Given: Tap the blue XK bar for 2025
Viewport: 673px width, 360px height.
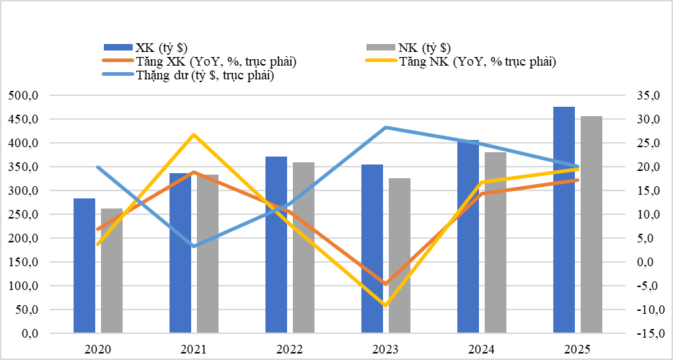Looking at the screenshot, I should pos(564,219).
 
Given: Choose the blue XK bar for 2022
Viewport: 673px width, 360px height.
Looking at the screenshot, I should pos(276,245).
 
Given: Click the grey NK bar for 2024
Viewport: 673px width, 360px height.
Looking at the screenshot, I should pos(495,242).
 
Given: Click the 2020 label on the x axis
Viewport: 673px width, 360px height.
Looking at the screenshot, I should pos(97,350).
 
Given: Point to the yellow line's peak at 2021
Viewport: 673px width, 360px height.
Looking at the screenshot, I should pos(193,134).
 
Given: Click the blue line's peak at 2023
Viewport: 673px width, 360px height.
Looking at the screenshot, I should pos(386,127).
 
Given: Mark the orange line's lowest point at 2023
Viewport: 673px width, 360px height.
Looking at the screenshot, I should pos(386,284).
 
